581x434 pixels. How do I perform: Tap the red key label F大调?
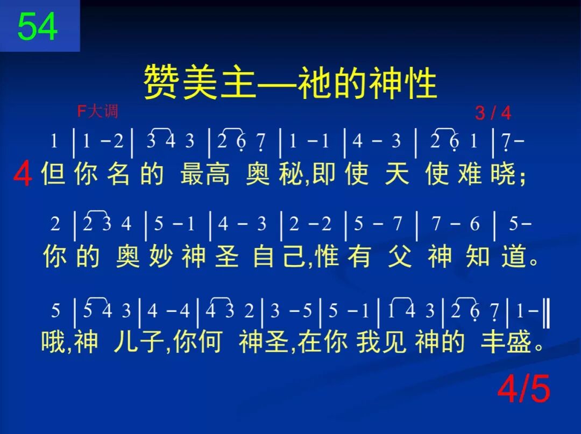[x=97, y=111]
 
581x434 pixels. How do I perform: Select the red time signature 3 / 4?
[x=493, y=113]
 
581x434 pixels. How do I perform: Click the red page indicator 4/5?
[x=523, y=388]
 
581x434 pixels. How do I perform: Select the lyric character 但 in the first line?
[x=54, y=173]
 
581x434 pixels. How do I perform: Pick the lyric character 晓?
[x=504, y=173]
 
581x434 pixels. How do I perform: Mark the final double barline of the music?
[x=547, y=311]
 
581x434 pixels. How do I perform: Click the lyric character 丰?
[x=491, y=341]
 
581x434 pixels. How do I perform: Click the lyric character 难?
[x=471, y=173]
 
